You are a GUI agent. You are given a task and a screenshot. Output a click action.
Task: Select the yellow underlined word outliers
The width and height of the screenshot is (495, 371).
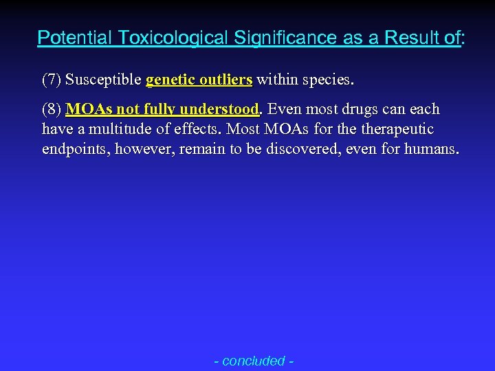point(226,80)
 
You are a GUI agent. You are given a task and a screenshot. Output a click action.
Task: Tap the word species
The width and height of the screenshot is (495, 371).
point(327,80)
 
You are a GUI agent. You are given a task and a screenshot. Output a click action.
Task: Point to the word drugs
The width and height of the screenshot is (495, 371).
point(365,110)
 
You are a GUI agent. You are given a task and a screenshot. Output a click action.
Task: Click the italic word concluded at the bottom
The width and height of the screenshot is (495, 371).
point(254,360)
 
